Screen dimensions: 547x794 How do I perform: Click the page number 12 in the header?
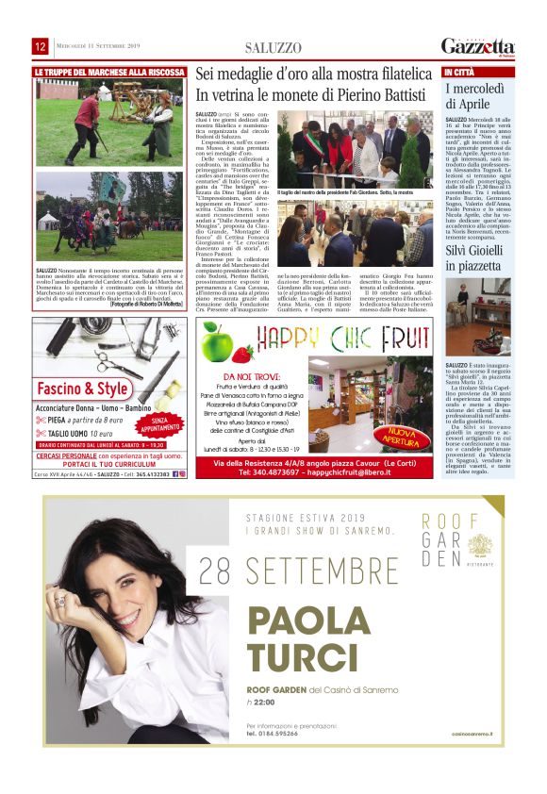click(x=40, y=46)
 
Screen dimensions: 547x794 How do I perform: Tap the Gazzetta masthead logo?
click(x=477, y=46)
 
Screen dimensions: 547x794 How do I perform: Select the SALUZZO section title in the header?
click(x=273, y=46)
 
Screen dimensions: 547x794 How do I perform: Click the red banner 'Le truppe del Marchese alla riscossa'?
click(x=109, y=72)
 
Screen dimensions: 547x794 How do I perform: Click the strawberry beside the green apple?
click(x=243, y=355)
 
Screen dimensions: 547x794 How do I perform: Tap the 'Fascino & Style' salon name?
click(x=83, y=389)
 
